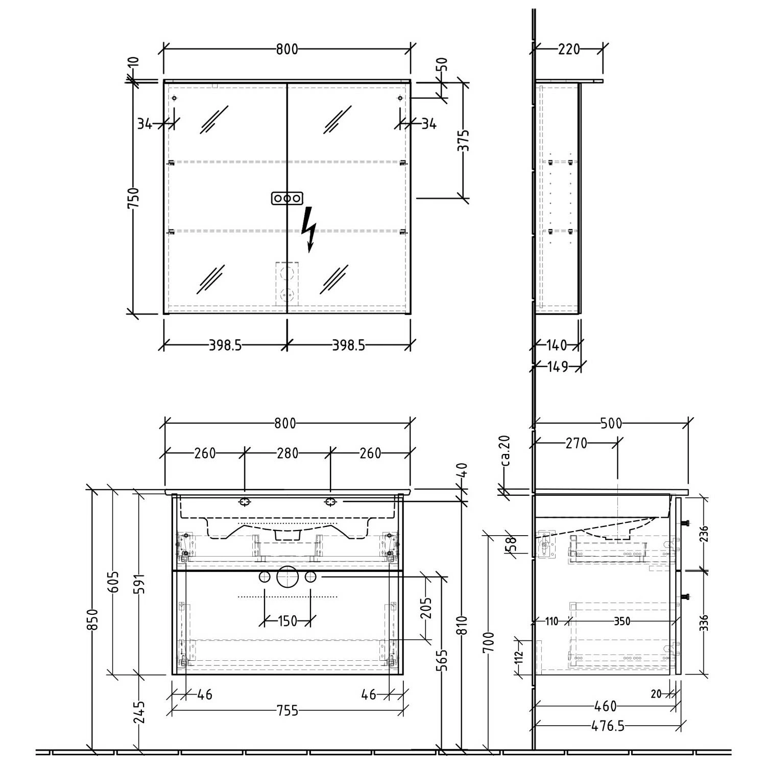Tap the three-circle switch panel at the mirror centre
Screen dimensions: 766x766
click(x=287, y=198)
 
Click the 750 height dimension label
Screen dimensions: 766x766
click(x=133, y=199)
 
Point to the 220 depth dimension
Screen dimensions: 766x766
click(x=569, y=49)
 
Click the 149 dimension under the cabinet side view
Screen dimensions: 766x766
click(x=557, y=367)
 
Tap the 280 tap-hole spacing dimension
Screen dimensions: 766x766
click(x=287, y=453)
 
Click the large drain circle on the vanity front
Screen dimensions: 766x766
click(x=287, y=577)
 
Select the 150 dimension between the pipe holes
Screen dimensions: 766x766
click(x=287, y=621)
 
